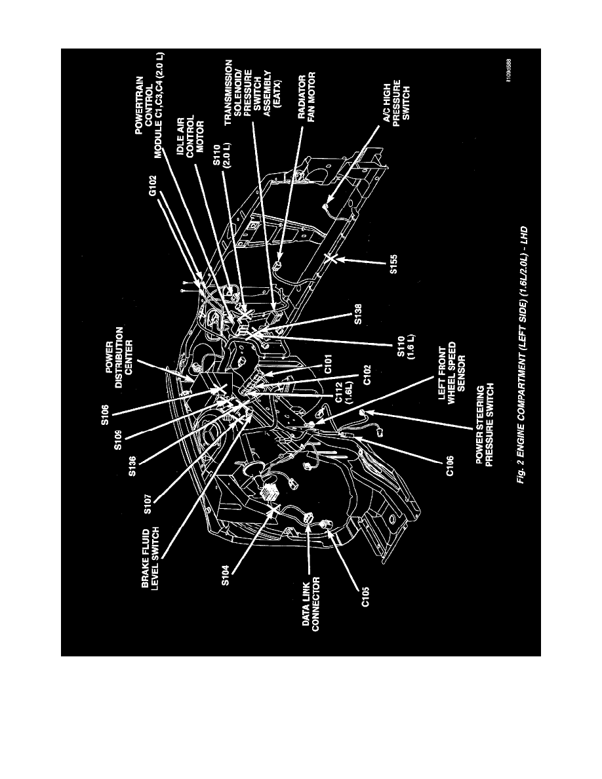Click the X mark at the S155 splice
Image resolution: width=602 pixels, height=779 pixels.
(x=334, y=260)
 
